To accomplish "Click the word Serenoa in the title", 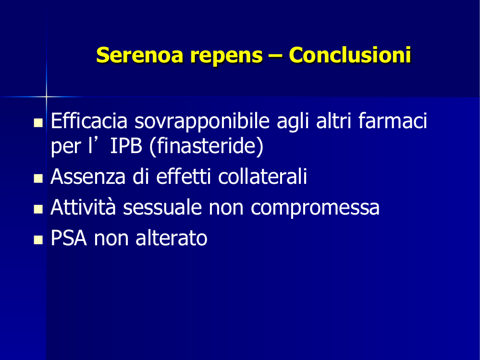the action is pos(140,55).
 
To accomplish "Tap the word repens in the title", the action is pos(226,57).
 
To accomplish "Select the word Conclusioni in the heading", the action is pos(350,55).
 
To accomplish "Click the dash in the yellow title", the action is pos(276,56).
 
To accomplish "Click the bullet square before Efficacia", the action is pos(38,123).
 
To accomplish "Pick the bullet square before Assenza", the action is pos(38,178).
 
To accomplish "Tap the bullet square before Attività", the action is pos(38,209).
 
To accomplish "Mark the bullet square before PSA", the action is pos(38,240).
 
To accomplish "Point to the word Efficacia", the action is pos(89,120).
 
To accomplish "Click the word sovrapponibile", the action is pos(202,122).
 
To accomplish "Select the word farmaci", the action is pos(393,120).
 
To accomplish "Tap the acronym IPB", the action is pos(126,146).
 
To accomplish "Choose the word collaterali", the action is pos(263,177).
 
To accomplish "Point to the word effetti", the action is pos(184,177).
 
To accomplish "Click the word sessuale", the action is pos(162,207).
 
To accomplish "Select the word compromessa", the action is pos(315,209).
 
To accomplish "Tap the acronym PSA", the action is pos(69,238).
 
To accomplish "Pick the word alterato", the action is pos(172,238).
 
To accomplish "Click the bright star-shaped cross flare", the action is pos(46,96).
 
